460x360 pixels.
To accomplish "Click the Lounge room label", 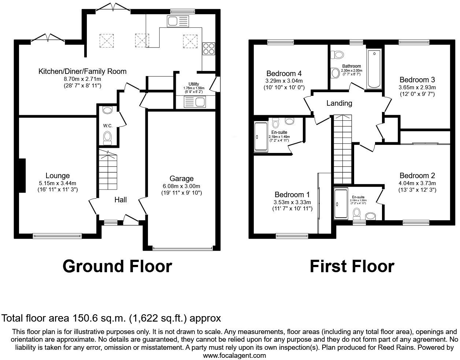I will (x=57, y=176).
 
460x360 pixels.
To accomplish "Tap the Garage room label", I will (x=181, y=179).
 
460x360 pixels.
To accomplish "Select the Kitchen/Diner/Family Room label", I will (x=82, y=71).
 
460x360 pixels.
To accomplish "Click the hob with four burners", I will (x=209, y=49).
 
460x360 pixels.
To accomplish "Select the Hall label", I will (x=120, y=200).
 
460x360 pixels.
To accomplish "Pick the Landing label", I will (x=339, y=104).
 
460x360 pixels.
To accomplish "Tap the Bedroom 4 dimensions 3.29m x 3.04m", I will (x=284, y=81).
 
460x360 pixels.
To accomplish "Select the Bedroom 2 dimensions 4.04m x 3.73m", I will (x=417, y=183).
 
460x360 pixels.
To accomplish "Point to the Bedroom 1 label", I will (x=292, y=195).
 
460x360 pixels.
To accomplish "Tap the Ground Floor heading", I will (x=117, y=266).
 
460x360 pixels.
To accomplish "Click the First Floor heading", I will (x=352, y=266).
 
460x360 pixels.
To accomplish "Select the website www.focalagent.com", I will (x=234, y=355).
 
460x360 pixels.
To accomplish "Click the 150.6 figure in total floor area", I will (x=67, y=318).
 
